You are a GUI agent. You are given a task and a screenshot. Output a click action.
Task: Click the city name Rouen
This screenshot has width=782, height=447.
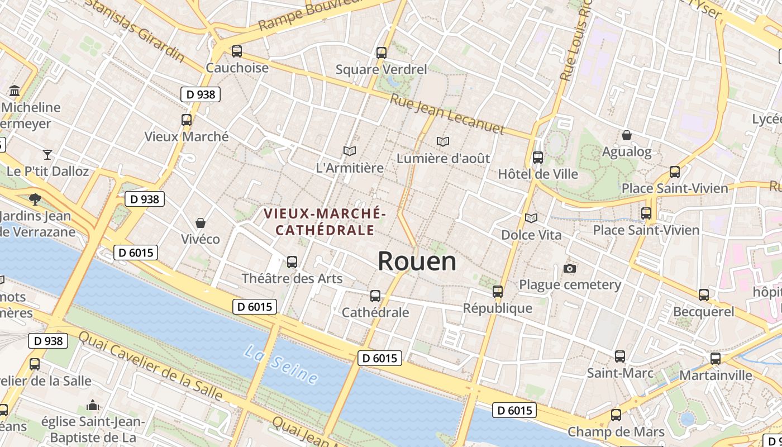coord(417,261)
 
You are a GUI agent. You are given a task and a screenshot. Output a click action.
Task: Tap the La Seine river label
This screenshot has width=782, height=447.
coord(282,365)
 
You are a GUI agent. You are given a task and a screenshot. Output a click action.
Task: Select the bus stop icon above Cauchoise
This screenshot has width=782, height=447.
coord(236,51)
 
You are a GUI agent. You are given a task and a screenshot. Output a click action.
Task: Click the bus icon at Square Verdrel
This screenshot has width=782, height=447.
coord(382,53)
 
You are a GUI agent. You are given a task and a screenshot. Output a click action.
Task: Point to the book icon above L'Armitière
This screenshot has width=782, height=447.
coord(350,151)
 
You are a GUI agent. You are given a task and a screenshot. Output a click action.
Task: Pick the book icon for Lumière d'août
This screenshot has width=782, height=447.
coord(443,141)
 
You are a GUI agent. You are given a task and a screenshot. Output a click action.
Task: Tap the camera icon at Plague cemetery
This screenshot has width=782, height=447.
coord(570,268)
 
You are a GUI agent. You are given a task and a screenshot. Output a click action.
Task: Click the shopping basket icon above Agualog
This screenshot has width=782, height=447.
coord(627,135)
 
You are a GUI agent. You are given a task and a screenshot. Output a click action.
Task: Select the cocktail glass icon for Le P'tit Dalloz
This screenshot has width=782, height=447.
coord(47,154)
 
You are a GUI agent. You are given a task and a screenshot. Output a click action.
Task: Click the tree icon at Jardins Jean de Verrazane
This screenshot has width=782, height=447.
coord(35,198)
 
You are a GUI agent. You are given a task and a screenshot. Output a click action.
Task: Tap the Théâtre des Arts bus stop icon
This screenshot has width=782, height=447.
coord(292,261)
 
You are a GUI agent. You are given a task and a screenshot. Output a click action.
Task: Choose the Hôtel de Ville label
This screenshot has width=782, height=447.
coord(538,174)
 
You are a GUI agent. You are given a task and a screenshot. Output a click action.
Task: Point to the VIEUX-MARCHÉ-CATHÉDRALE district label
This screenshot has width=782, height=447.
coord(325,221)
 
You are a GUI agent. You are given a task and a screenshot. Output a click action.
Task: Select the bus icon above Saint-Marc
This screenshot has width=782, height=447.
coord(619,356)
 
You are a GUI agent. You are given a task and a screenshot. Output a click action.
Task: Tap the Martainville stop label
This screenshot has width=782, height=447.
coord(716,375)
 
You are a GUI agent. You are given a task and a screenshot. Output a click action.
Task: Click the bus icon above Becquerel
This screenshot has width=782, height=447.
coord(704,294)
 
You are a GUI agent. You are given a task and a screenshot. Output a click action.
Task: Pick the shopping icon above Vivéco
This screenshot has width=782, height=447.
coord(200,223)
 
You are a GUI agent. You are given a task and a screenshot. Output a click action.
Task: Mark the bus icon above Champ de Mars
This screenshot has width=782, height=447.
coord(616,415)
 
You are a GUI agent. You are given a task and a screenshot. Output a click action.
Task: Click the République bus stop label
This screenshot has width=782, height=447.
coord(498,308)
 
